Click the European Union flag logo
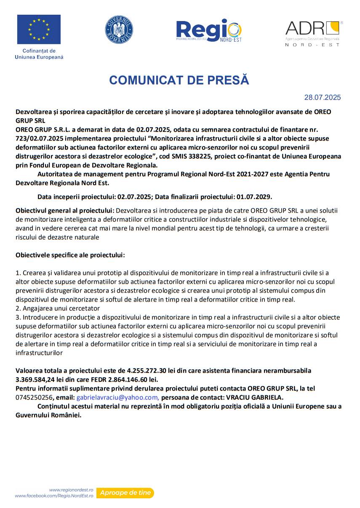[x=39, y=29]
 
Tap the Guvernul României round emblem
[x=119, y=29]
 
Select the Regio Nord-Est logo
[x=209, y=30]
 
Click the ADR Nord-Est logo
[x=313, y=33]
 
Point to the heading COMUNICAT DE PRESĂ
[x=179, y=80]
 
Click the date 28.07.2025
[x=323, y=98]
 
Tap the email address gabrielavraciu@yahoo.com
[x=117, y=397]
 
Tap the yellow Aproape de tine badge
[x=125, y=493]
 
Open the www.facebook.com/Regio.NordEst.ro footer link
[x=54, y=496]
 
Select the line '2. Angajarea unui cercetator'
[x=58, y=309]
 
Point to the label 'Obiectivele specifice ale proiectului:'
[x=70, y=255]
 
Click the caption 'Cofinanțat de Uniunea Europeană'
[x=39, y=54]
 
